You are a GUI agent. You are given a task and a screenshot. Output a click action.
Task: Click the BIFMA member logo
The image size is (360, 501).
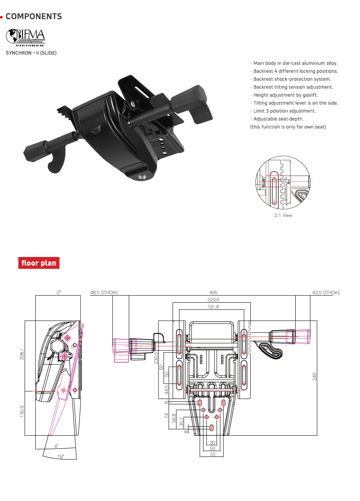point(26,37)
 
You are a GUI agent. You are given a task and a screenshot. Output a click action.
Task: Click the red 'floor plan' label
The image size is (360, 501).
point(39,263)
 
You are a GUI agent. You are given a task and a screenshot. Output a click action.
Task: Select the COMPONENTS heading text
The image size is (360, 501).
point(33,17)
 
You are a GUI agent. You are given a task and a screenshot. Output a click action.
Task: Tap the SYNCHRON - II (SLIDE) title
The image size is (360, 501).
point(31,53)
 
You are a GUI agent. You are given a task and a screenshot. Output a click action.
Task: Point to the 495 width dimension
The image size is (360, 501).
point(213,292)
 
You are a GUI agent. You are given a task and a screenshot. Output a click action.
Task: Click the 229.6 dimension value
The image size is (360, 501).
point(213,300)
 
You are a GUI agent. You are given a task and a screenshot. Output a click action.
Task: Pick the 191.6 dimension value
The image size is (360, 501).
point(213,307)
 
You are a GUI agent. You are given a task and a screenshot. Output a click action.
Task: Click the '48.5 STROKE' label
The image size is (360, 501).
point(104,292)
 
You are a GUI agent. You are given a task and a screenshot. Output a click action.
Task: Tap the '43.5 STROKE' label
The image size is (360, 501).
point(326,292)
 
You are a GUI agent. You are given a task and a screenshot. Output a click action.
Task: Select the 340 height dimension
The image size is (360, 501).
point(314,377)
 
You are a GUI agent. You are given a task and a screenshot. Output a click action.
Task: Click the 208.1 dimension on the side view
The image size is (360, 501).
point(22,354)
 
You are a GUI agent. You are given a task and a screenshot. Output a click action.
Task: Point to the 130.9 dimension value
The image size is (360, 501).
point(22,411)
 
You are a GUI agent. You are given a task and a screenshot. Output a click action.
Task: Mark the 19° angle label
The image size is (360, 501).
point(61,457)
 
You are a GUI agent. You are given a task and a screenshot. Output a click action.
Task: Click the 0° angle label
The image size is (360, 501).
point(59,292)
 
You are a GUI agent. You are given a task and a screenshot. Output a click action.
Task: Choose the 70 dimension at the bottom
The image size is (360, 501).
point(212,455)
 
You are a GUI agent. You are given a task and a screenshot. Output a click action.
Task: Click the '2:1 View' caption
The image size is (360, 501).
point(283,216)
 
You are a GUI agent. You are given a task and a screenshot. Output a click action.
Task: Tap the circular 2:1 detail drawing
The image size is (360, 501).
point(283,182)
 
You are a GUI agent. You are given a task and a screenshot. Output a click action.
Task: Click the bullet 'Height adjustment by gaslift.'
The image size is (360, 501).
point(285,95)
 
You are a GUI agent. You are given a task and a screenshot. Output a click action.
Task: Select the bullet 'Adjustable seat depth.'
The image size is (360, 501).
point(278,119)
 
